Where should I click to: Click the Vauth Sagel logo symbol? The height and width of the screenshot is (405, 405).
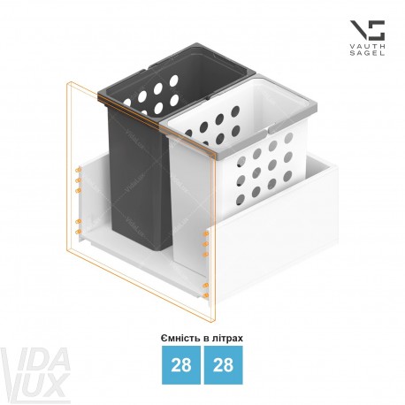tap(367, 30)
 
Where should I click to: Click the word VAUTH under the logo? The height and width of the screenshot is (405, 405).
tap(367, 47)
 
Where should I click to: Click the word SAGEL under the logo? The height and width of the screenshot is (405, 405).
tap(367, 53)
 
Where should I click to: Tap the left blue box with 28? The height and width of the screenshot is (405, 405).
tap(181, 365)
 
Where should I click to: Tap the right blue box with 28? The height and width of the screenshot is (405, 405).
tap(224, 365)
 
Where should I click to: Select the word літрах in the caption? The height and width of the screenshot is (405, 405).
tap(227, 339)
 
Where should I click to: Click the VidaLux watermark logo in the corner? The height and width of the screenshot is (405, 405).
tap(35, 374)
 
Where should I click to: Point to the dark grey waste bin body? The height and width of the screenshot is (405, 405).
tap(139, 180)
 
